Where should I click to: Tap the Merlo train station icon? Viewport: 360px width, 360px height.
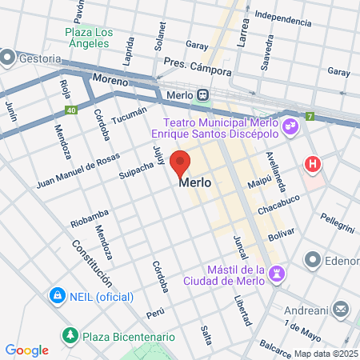[x=205, y=94]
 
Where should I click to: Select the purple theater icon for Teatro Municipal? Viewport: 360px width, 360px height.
[x=290, y=125]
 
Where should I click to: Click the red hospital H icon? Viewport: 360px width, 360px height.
[x=312, y=165]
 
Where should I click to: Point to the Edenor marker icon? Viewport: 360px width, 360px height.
[x=312, y=260]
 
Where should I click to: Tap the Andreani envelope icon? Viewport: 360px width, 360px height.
[x=341, y=308]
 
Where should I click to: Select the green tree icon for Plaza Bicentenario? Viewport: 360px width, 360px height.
[x=71, y=334]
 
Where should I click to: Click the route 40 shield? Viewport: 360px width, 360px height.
[x=71, y=110]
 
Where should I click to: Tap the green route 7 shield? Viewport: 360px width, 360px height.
[x=310, y=117]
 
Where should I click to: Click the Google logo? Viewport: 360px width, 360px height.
[x=27, y=350]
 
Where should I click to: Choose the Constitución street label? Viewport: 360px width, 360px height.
[x=90, y=264]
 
